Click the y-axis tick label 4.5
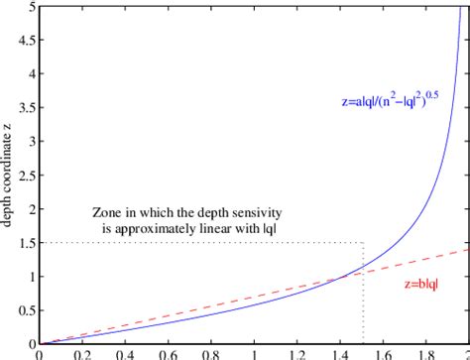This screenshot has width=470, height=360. tap(27, 41)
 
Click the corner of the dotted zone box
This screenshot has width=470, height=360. tap(364, 243)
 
